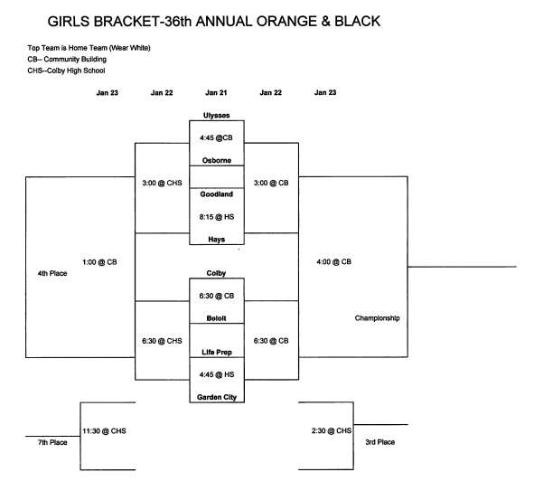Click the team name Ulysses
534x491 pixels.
point(216,115)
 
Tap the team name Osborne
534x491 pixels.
point(217,160)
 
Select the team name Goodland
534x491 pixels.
point(217,194)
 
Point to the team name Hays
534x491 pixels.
point(217,240)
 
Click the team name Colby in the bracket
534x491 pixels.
point(216,273)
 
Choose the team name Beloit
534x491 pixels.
point(216,318)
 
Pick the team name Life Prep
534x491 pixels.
point(217,352)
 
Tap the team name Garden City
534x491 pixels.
point(217,397)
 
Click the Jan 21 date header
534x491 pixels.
point(216,92)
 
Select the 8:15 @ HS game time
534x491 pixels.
point(217,217)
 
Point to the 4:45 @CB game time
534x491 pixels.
point(216,137)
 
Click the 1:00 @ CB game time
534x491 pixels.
point(99,262)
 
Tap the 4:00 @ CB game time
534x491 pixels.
point(333,261)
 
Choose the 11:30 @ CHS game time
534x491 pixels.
point(104,431)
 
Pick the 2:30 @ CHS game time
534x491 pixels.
point(332,430)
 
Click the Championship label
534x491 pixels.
point(377,318)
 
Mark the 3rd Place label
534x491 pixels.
point(380,442)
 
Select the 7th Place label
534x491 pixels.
point(52,442)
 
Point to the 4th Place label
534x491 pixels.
point(52,273)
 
